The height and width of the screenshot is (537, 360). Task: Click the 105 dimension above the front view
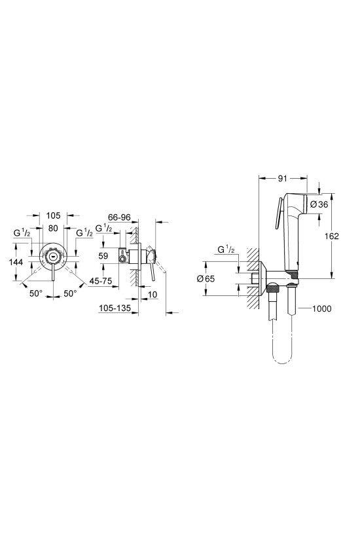pos(53,215)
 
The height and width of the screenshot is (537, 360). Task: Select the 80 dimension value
pos(53,228)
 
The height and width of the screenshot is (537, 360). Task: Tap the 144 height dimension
pos(16,262)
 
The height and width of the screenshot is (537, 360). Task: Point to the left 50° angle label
pos(35,293)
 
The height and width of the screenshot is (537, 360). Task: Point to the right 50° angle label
pos(70,293)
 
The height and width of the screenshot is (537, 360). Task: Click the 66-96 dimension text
pos(119,217)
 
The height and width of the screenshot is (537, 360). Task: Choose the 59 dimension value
pos(103,255)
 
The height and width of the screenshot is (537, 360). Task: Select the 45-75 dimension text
pos(101,281)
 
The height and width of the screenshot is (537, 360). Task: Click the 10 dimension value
pos(153,294)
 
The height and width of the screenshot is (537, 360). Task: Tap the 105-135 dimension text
pos(115,308)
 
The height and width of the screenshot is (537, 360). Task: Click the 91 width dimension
pos(283,178)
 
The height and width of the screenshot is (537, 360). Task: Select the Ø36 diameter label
pos(319,204)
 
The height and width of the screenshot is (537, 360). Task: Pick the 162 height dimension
pos(332,236)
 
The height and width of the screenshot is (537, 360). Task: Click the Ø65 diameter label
pos(206,279)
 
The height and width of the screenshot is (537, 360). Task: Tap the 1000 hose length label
pos(322,308)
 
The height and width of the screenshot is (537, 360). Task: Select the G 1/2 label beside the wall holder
pos(226,250)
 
